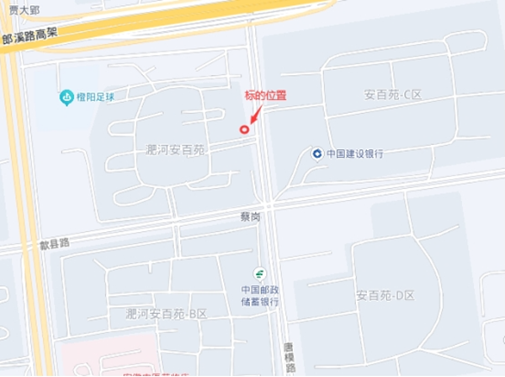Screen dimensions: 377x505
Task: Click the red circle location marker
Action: point(245,130)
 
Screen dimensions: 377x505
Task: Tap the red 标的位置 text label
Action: point(266,96)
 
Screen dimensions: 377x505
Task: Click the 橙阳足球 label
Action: point(95,97)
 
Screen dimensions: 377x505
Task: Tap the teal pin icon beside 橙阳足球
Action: point(66,98)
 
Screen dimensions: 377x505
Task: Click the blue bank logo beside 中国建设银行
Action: point(316,153)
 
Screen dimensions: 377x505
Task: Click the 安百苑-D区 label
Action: point(385,296)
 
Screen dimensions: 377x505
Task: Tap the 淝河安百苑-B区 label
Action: point(166,313)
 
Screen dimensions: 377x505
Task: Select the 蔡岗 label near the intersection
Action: point(250,217)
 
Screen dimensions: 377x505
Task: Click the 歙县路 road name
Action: point(54,243)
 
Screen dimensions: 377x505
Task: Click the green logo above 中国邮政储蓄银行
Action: point(261,273)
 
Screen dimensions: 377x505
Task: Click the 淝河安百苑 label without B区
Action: point(174,148)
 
